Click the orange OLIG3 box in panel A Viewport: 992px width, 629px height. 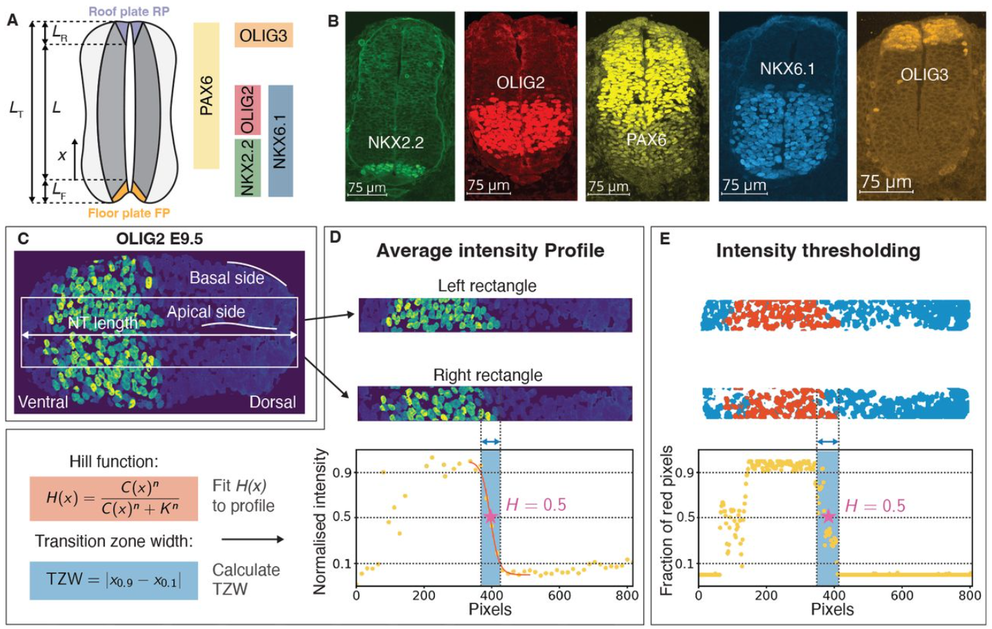pyautogui.click(x=264, y=35)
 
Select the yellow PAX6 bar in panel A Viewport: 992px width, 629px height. pyautogui.click(x=206, y=96)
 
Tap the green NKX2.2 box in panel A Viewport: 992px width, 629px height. pyautogui.click(x=247, y=168)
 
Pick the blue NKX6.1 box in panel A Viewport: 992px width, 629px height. pyautogui.click(x=280, y=141)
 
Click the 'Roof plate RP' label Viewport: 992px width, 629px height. pyautogui.click(x=129, y=11)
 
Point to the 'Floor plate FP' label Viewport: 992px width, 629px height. pyautogui.click(x=129, y=213)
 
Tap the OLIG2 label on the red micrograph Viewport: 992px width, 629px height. pyautogui.click(x=520, y=83)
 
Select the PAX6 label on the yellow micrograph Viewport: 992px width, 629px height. pyautogui.click(x=646, y=139)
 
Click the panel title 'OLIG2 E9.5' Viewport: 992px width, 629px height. pyautogui.click(x=159, y=239)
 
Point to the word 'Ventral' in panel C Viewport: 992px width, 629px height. pyautogui.click(x=43, y=402)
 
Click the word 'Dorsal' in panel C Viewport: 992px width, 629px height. pyautogui.click(x=273, y=402)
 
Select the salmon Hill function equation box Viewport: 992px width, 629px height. pyautogui.click(x=114, y=499)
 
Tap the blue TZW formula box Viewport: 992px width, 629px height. pyautogui.click(x=114, y=580)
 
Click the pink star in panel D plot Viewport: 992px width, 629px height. pyautogui.click(x=490, y=516)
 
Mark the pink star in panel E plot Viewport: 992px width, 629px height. pyautogui.click(x=828, y=516)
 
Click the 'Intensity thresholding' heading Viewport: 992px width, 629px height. pyautogui.click(x=818, y=250)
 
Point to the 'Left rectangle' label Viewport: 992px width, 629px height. pyautogui.click(x=487, y=285)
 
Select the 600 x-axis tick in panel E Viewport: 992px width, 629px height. pyautogui.click(x=902, y=595)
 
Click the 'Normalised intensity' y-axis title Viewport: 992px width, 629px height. pyautogui.click(x=320, y=521)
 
